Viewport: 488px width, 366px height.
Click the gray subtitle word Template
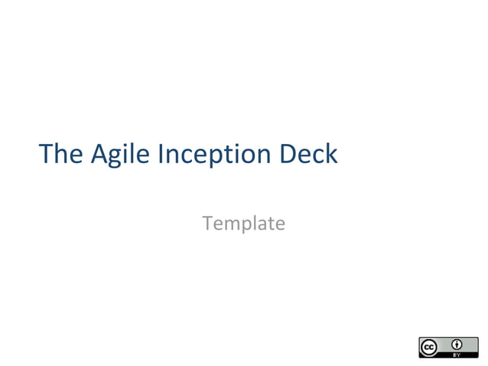click(243, 224)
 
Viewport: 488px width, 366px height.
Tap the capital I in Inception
click(161, 154)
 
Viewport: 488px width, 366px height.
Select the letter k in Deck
click(331, 154)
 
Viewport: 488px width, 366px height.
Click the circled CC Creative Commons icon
click(429, 347)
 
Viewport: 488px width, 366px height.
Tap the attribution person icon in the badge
click(457, 344)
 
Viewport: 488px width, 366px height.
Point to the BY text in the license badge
click(457, 354)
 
